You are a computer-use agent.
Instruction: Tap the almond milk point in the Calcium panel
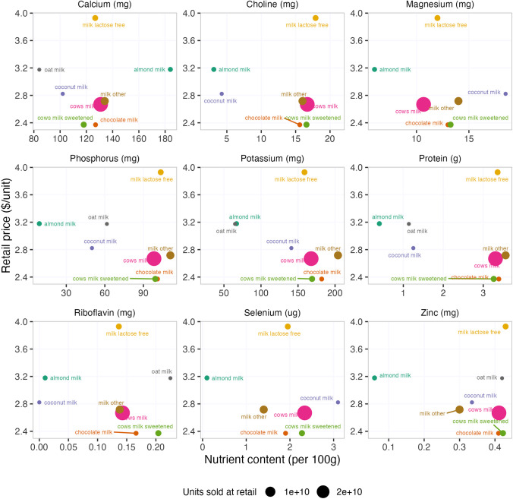pyautogui.click(x=171, y=69)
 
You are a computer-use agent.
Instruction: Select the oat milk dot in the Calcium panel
pyautogui.click(x=39, y=70)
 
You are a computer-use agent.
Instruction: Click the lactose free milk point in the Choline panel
pyautogui.click(x=316, y=17)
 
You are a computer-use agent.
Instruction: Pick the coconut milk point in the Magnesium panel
pyautogui.click(x=505, y=93)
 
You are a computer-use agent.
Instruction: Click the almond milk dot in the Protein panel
pyautogui.click(x=379, y=223)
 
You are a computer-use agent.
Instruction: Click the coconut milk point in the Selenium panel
pyautogui.click(x=338, y=402)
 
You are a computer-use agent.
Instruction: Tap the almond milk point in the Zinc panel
pyautogui.click(x=374, y=377)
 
